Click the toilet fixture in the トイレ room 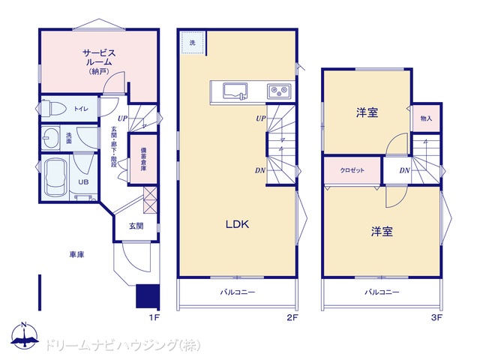click(54, 108)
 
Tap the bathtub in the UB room click(55, 177)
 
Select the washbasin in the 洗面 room click(50, 138)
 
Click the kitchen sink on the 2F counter click(235, 91)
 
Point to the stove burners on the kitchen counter click(278, 90)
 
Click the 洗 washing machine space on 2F click(193, 42)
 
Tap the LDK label click(237, 224)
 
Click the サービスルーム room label click(99, 58)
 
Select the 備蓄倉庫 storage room click(143, 159)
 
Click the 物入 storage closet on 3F click(426, 118)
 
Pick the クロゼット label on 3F click(352, 170)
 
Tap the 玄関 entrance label click(136, 226)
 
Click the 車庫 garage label click(76, 254)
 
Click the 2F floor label click(292, 317)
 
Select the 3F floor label click(436, 317)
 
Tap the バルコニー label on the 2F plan click(238, 292)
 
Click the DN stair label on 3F click(404, 170)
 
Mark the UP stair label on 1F click(123, 118)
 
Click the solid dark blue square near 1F click(148, 296)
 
